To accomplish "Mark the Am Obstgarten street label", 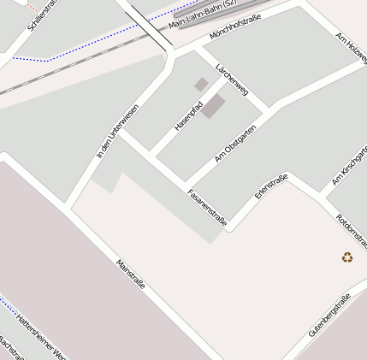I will [235, 144].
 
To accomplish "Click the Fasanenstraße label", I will [207, 208].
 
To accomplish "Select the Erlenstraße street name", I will [271, 186].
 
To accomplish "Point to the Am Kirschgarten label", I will [348, 168].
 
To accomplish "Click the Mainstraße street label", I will [130, 273].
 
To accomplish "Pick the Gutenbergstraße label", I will [329, 315].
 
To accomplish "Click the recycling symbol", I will [347, 257].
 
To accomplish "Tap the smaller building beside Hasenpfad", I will [201, 84].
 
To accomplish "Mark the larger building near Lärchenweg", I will [214, 106].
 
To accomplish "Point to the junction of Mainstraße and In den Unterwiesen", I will [68, 206].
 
